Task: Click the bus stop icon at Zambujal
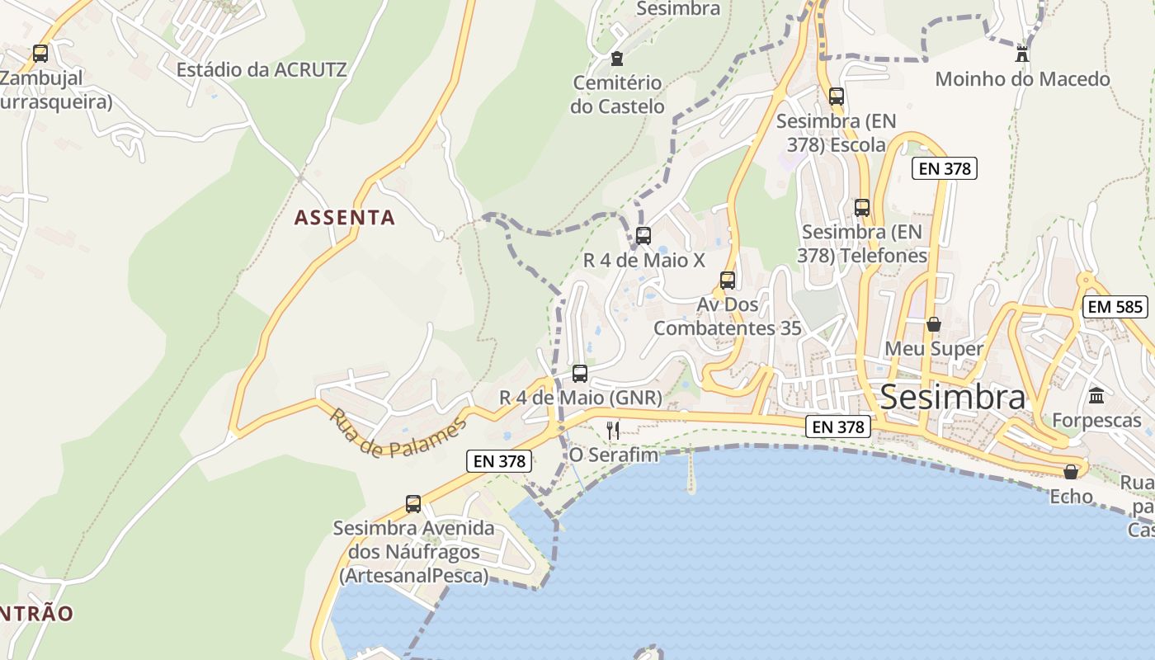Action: pos(40,54)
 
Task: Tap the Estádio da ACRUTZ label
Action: pos(262,69)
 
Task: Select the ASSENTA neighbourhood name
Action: pos(345,218)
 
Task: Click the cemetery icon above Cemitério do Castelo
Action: pos(616,58)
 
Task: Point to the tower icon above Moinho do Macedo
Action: pos(1022,54)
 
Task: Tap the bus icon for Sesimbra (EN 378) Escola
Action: pos(837,97)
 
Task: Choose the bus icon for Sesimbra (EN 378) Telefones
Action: pos(862,208)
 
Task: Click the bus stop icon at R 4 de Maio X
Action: pos(643,236)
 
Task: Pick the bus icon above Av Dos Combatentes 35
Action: pos(727,280)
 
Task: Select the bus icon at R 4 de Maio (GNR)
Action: pos(580,374)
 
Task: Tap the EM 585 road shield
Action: pos(1115,307)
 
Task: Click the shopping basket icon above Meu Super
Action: pos(934,324)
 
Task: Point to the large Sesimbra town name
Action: pos(953,397)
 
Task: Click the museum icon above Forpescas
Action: pos(1096,396)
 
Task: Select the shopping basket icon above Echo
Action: pos(1071,472)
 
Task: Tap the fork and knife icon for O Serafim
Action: pos(613,430)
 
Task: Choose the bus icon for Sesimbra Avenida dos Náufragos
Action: pos(413,503)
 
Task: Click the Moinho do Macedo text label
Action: pos(1022,79)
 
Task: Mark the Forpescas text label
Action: pos(1096,421)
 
